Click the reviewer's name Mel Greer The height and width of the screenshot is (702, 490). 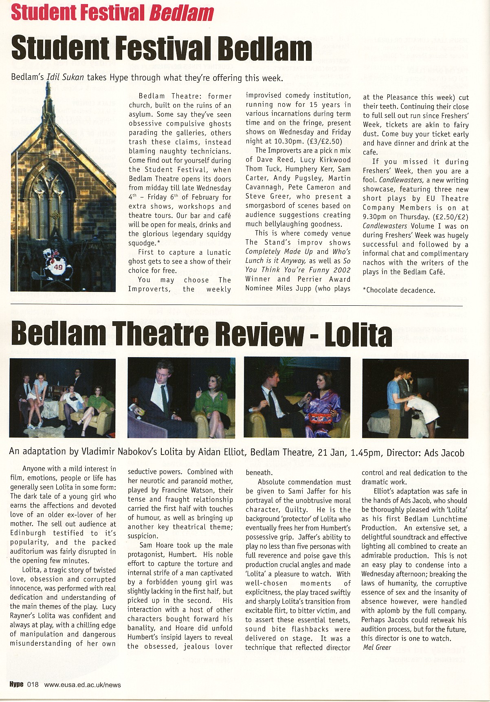coord(377,647)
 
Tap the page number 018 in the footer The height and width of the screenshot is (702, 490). coord(33,684)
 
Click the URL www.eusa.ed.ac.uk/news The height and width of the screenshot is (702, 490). coord(82,685)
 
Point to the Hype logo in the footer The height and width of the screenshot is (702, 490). coord(16,684)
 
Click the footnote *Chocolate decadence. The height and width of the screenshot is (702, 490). coord(398,290)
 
